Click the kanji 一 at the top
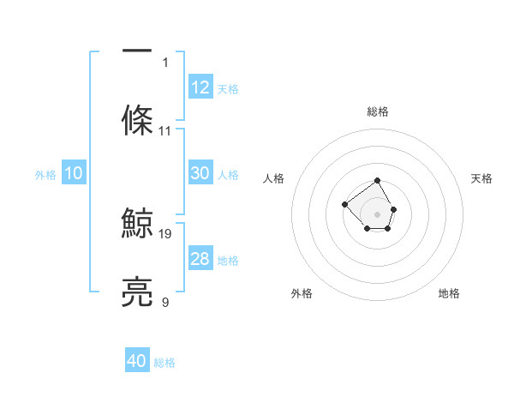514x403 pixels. pos(137,49)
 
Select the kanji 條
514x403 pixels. pos(137,119)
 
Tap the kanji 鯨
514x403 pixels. pos(137,221)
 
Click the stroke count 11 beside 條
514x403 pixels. pos(165,131)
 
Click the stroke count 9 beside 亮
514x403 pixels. pos(165,303)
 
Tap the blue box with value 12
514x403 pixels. pos(200,87)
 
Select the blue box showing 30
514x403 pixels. pos(200,173)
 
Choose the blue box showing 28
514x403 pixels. pos(200,259)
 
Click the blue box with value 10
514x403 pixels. pos(74,173)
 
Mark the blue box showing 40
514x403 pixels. pos(137,361)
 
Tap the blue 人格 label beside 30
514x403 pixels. pos(228,175)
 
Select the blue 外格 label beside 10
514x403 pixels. pos(45,175)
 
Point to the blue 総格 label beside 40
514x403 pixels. pos(164,363)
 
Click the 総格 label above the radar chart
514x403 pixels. pos(378,111)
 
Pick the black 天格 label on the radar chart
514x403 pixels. pos(481,178)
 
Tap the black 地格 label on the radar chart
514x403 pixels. pos(449,293)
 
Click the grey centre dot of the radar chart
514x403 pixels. pos(377,214)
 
